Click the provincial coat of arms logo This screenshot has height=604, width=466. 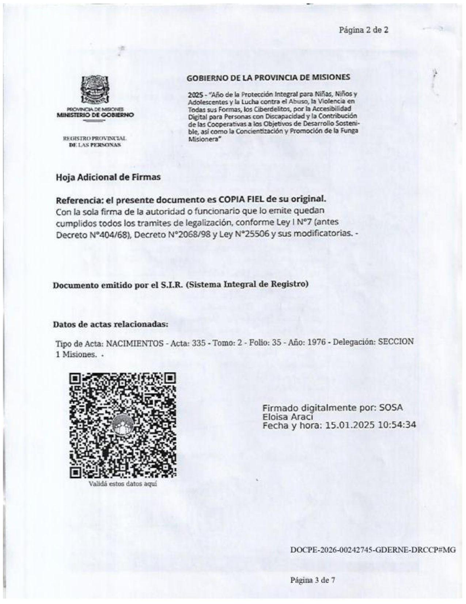(95, 89)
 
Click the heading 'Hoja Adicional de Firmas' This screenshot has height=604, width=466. (108, 177)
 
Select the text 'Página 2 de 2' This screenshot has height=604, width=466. (364, 30)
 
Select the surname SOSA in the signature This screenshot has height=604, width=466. (391, 408)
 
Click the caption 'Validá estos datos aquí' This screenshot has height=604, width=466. (123, 484)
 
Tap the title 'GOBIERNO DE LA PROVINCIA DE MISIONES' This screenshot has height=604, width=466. (268, 78)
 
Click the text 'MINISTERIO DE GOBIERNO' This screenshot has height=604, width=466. (95, 115)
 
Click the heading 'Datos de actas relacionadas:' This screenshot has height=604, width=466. (111, 324)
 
